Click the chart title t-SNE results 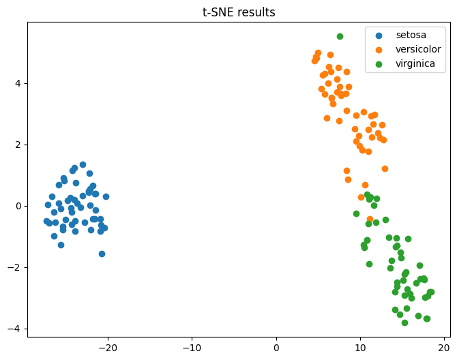coord(239,12)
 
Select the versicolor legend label coord(418,50)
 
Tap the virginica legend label coord(416,65)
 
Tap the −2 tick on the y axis coord(15,267)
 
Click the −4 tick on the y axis coord(15,329)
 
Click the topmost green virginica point coord(340,36)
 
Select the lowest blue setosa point coord(102,254)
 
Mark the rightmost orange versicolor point coord(385,168)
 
